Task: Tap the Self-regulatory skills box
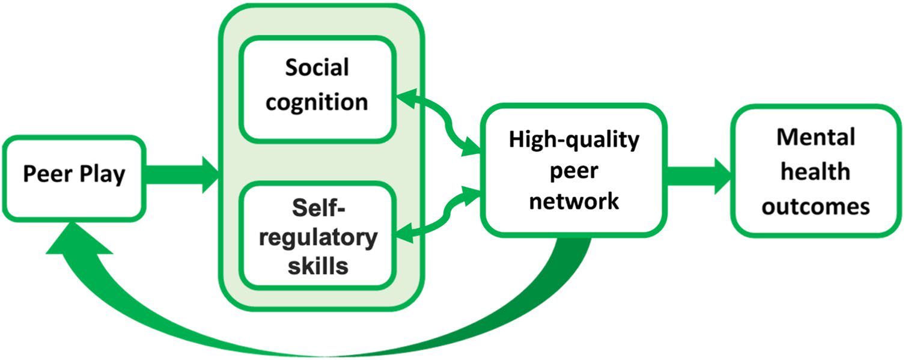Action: (x=317, y=236)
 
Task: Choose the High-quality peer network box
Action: (x=573, y=170)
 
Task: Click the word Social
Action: (x=317, y=68)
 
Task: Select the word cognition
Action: (x=317, y=102)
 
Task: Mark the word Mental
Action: (x=815, y=138)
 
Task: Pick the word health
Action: (x=815, y=172)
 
